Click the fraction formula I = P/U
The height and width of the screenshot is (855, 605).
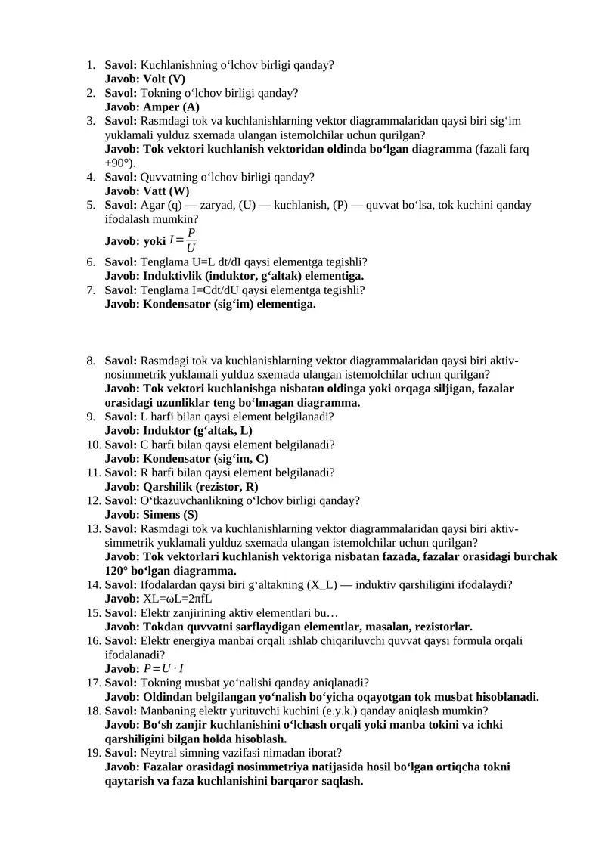point(184,240)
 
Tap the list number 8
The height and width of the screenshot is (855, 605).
point(90,361)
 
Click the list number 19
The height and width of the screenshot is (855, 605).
point(92,752)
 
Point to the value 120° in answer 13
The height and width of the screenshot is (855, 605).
point(117,570)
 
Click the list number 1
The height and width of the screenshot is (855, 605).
point(90,65)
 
